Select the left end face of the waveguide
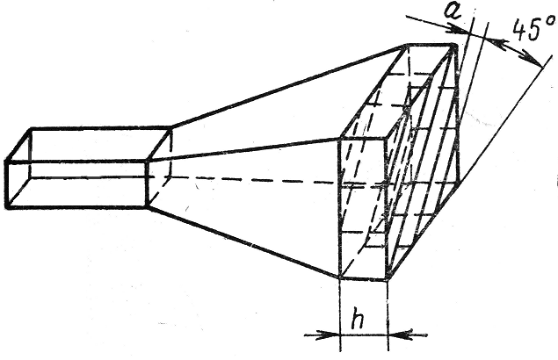18,183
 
